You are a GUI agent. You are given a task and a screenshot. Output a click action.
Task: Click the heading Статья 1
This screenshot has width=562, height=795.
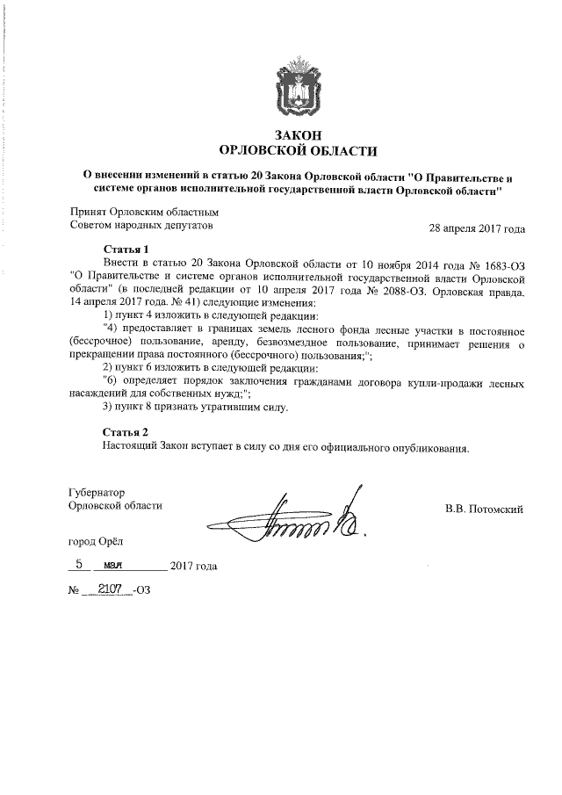point(126,249)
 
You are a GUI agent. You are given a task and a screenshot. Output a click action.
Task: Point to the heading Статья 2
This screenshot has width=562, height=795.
point(126,432)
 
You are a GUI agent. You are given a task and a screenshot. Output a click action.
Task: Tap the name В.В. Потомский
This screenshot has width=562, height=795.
point(485,507)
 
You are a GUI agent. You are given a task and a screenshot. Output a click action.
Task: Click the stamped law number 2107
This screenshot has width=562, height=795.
point(111,589)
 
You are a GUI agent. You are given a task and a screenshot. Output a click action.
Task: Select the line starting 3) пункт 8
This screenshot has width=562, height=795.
point(195,408)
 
